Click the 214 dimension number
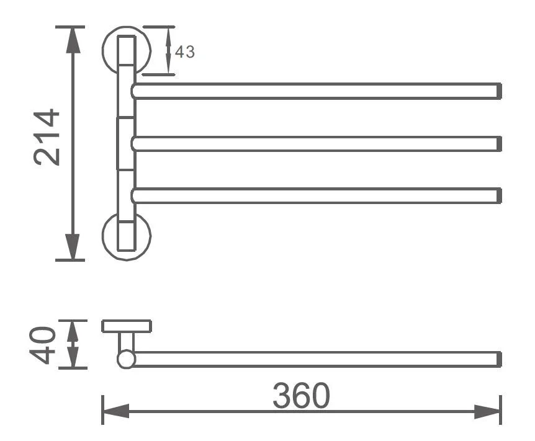pos(47,137)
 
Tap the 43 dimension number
pos(185,52)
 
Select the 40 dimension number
pos(42,345)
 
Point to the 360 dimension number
pos(301,395)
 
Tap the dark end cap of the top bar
pos(499,91)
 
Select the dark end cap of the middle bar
pos(499,144)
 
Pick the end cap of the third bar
pos(499,195)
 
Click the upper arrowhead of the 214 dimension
pos(73,40)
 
